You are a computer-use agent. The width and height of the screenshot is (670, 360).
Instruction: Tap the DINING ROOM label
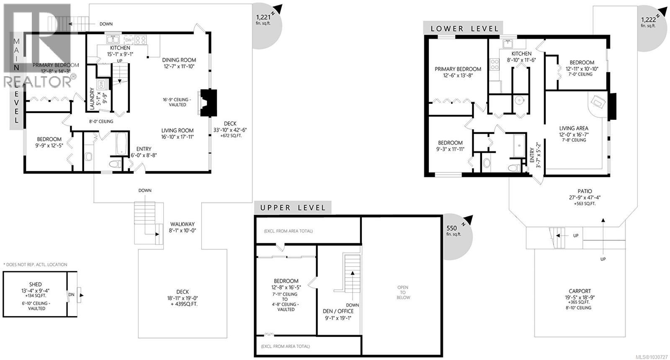pyautogui.click(x=179, y=60)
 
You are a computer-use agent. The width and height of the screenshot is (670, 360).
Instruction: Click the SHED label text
pyautogui.click(x=35, y=284)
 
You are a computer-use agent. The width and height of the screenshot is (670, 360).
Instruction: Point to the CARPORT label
pyautogui.click(x=580, y=291)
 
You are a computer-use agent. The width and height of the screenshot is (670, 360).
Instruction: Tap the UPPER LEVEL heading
pyautogui.click(x=293, y=208)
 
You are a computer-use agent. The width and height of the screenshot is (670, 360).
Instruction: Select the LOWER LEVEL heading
pyautogui.click(x=465, y=29)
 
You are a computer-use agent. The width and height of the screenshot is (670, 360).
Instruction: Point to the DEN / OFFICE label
pyautogui.click(x=338, y=311)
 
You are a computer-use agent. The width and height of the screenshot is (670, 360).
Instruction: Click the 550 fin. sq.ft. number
pyautogui.click(x=451, y=228)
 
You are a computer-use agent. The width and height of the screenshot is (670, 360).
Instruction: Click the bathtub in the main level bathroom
pyautogui.click(x=121, y=144)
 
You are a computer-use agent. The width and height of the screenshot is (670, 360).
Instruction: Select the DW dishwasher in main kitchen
pyautogui.click(x=129, y=40)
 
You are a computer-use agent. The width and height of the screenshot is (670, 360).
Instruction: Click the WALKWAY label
pyautogui.click(x=182, y=224)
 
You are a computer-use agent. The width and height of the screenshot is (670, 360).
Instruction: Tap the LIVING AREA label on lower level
pyautogui.click(x=574, y=129)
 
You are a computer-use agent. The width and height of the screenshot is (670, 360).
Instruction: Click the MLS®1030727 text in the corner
pyautogui.click(x=652, y=357)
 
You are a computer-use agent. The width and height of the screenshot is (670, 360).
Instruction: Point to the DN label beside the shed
pyautogui.click(x=72, y=295)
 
